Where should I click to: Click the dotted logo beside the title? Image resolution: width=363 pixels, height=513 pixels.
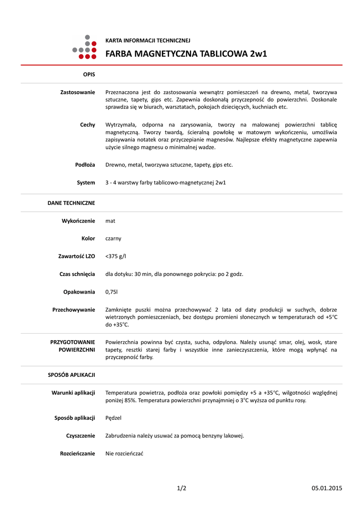tap(84, 47)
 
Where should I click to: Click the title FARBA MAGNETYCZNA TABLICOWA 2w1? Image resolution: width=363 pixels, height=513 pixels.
tap(186, 54)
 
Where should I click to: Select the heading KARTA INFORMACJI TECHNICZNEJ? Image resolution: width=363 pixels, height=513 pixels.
tap(148, 40)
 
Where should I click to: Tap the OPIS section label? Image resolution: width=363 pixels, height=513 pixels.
tap(89, 74)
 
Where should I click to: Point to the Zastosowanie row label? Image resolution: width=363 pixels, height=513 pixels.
tap(78, 92)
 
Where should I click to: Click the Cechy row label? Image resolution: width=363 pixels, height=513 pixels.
tap(87, 124)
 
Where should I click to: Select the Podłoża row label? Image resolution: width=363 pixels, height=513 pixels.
tap(85, 164)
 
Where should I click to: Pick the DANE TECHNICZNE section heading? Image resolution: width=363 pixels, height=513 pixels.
tap(71, 203)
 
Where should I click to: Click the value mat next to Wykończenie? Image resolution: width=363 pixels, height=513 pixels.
tap(110, 220)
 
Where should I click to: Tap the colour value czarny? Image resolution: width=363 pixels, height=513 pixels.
tap(113, 238)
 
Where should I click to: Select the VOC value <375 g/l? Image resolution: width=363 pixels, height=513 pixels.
tap(116, 256)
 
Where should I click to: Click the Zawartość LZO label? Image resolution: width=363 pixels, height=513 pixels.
tap(77, 256)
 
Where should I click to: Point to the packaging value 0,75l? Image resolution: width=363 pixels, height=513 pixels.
tap(111, 292)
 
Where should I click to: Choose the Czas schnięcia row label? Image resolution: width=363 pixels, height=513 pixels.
tap(77, 274)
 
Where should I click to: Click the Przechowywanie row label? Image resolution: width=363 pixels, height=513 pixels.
tap(74, 310)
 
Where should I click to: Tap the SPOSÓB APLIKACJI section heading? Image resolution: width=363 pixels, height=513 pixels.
tap(71, 375)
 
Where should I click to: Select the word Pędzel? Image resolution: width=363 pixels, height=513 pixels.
tap(113, 418)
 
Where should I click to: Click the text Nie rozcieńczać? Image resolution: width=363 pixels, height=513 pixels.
tap(124, 453)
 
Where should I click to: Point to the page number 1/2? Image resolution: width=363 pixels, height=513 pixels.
tap(181, 488)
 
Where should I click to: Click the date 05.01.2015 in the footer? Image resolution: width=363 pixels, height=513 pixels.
tap(326, 488)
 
